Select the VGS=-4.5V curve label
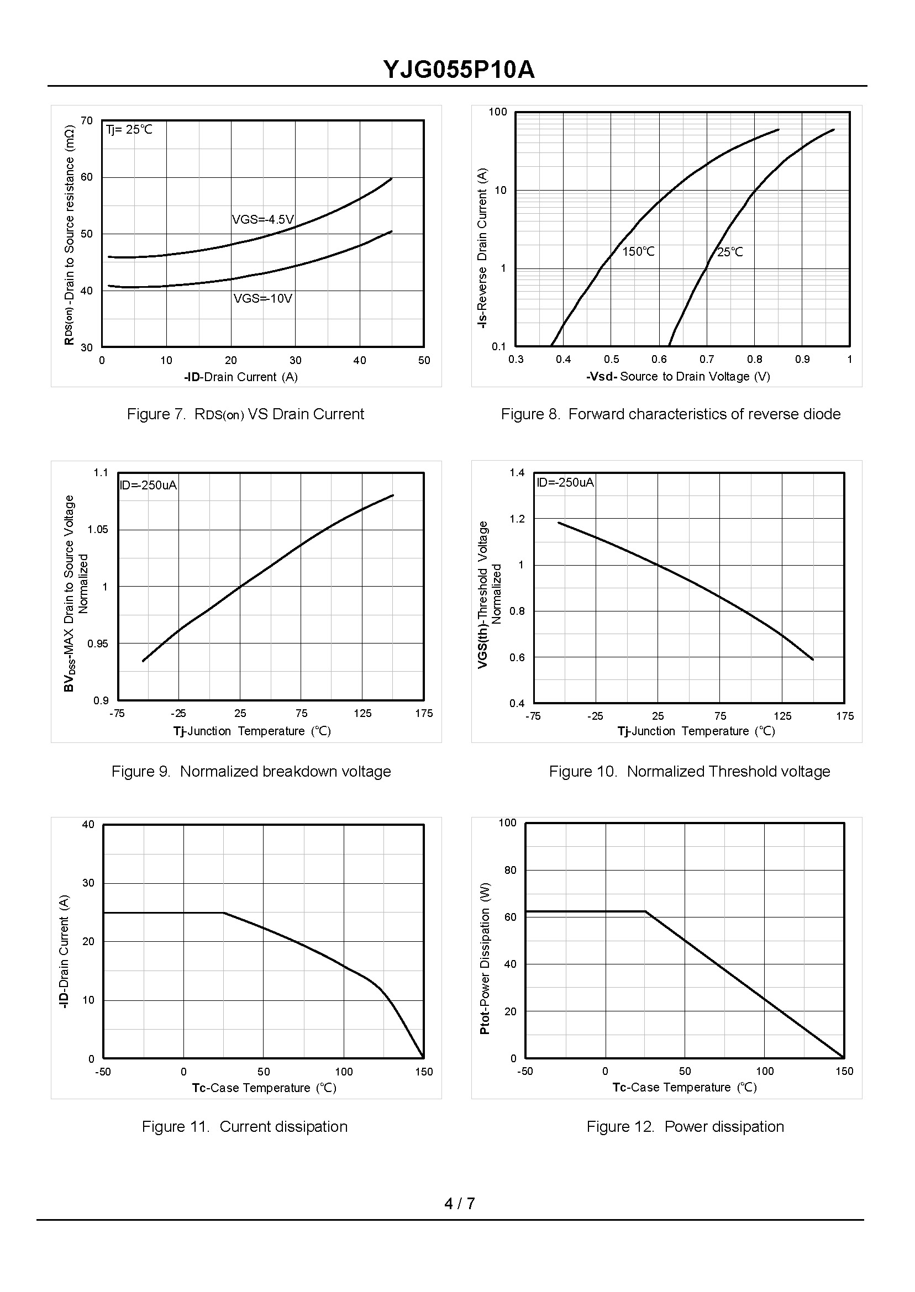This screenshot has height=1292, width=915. [x=263, y=219]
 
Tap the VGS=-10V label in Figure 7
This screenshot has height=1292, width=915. [x=263, y=298]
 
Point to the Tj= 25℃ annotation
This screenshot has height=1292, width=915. [x=130, y=130]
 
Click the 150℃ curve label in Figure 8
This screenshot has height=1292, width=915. [x=638, y=252]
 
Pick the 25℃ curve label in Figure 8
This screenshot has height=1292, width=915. [x=730, y=252]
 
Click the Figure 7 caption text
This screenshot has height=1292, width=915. [x=246, y=414]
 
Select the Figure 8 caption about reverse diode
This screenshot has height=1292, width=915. [x=670, y=414]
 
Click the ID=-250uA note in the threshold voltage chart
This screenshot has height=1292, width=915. [x=565, y=483]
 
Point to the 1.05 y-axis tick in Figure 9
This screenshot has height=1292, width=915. [x=98, y=529]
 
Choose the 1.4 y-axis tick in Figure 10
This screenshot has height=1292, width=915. [x=517, y=472]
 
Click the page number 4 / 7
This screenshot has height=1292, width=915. [x=460, y=1204]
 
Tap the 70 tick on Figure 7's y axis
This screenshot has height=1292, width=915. [x=87, y=120]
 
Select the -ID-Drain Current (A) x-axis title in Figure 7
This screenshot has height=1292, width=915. [x=240, y=377]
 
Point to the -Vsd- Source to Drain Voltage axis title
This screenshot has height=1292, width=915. [x=678, y=376]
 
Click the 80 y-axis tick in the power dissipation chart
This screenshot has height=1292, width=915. [x=511, y=870]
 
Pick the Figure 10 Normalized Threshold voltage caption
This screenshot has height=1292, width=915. [x=690, y=772]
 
